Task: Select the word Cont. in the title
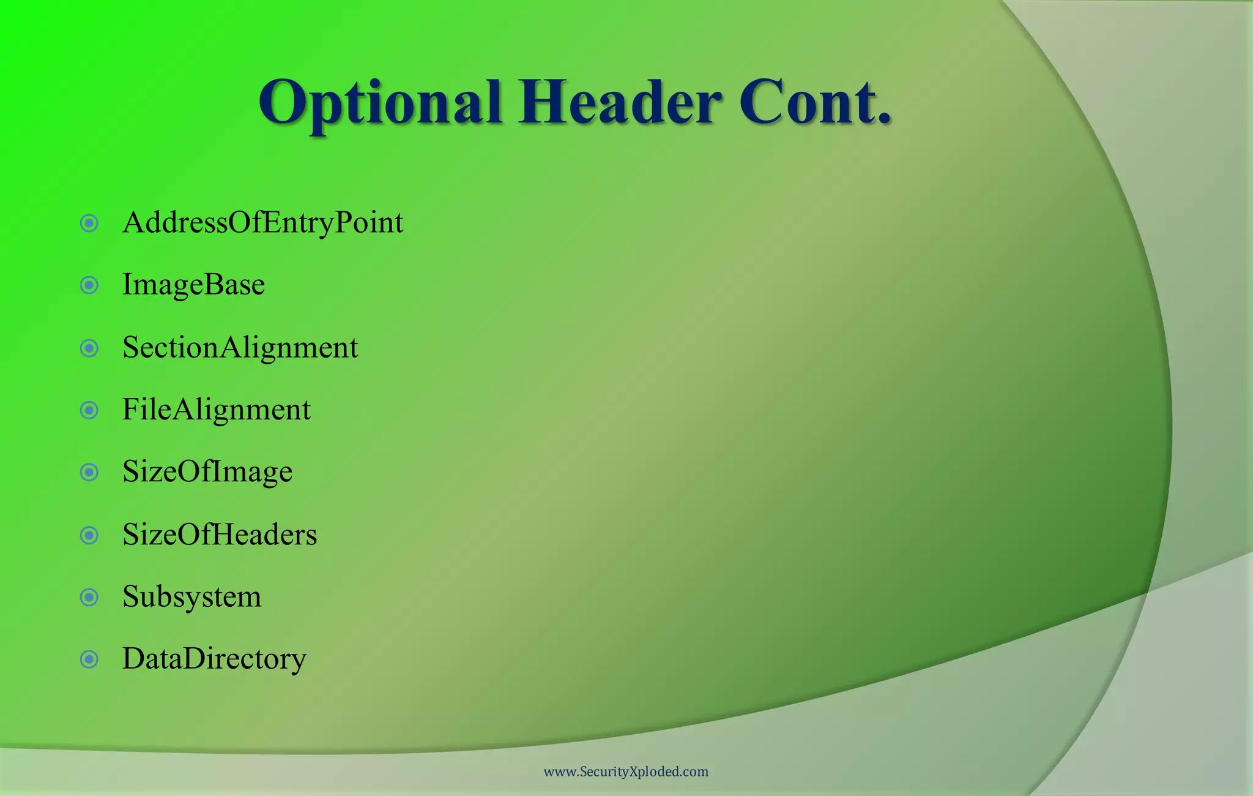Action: pos(814,103)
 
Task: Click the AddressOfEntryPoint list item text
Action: pos(262,223)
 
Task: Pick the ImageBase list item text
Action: pos(193,285)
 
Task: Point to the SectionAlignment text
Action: pos(240,348)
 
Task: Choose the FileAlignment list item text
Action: pos(216,410)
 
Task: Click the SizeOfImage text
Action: pos(207,472)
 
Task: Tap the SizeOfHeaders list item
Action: pos(220,535)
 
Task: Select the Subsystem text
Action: pos(191,597)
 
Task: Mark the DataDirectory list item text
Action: pos(214,659)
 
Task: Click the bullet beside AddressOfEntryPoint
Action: pos(89,223)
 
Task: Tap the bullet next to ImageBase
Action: pos(89,285)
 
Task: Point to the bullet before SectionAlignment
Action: pos(89,348)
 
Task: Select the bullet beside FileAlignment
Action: pos(89,410)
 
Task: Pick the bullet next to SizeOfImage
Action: pos(89,472)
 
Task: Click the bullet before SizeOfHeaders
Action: pos(89,535)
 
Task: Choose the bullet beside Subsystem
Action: pos(89,597)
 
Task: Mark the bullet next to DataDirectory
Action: pos(89,659)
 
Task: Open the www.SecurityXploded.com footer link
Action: pos(626,772)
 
